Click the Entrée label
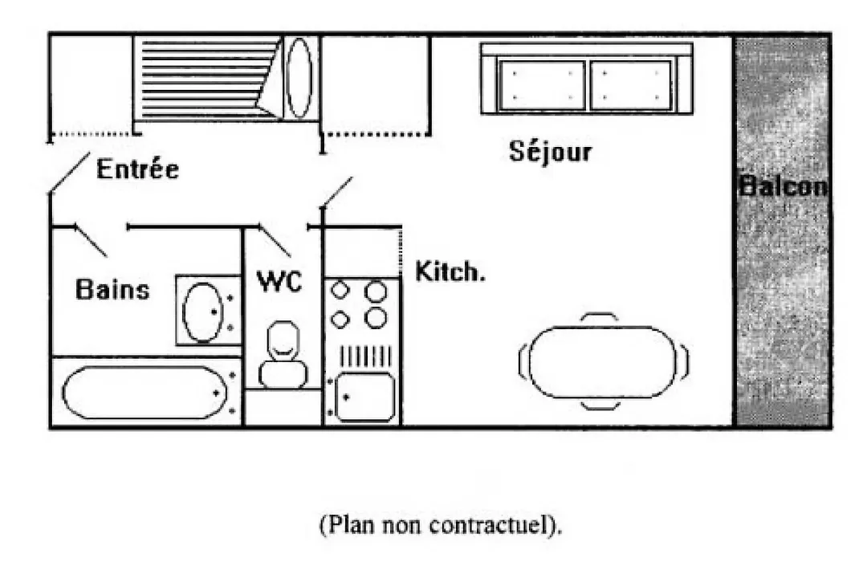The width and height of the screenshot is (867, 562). pos(138,168)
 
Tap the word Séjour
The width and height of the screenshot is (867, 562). pos(550,150)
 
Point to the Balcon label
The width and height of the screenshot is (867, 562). pos(783,185)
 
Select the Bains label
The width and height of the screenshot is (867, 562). pos(112,289)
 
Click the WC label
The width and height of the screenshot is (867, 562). pos(280,281)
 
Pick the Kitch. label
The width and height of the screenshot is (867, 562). pos(450,271)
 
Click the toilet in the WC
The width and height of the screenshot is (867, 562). pos(283,354)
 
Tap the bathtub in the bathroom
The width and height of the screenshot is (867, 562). pos(144,392)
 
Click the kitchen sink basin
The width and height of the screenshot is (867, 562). pos(365,397)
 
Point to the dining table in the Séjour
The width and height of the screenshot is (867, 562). pos(603,362)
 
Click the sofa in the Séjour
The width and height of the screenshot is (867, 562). pos(587,79)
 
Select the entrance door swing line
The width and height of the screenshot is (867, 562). pos(69,173)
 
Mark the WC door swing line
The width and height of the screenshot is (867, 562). pos(275,241)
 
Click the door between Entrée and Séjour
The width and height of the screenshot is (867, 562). pos(336,192)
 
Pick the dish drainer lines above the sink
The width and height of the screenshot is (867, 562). pos(365,356)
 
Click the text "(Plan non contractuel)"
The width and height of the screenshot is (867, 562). pos(441,523)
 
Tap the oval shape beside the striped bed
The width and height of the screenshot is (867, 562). pos(299,78)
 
